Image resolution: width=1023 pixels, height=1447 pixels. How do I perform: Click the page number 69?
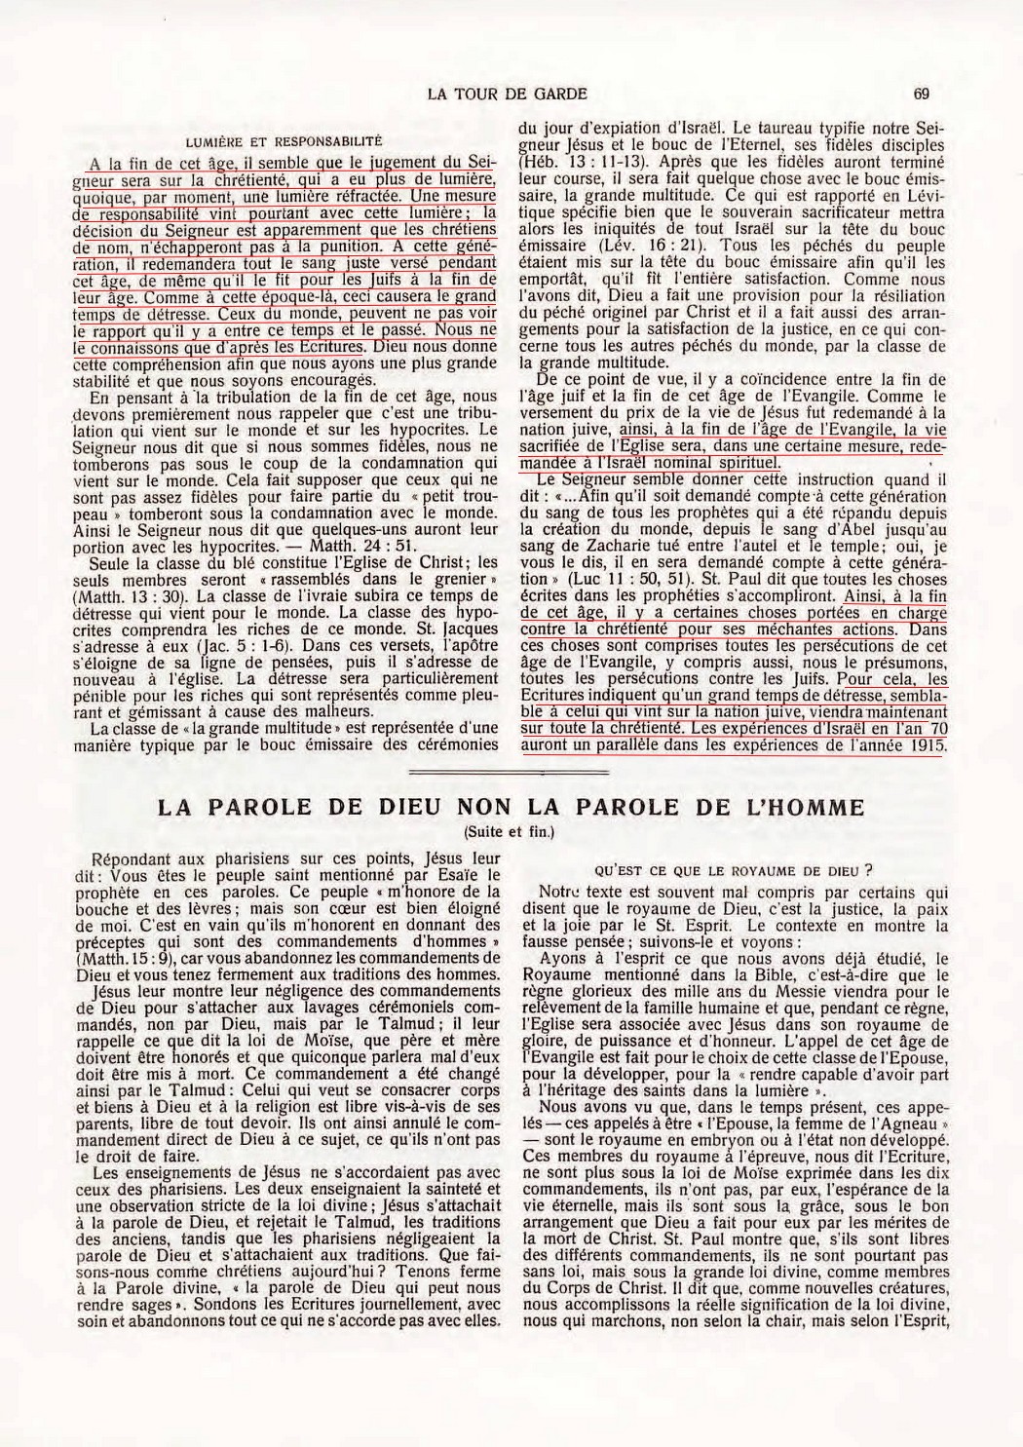click(922, 94)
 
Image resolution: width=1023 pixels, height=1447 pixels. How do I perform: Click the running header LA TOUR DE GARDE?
click(507, 94)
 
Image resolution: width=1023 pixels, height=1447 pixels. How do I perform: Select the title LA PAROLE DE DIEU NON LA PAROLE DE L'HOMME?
click(511, 807)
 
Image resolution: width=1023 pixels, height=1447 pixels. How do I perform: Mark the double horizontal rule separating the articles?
click(511, 770)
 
